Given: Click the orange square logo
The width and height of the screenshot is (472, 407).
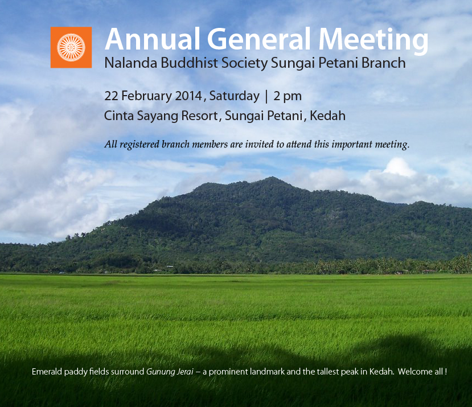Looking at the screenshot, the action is [x=71, y=47].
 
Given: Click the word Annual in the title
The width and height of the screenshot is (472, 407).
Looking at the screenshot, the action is [x=153, y=39].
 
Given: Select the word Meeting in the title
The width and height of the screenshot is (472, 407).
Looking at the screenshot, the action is [x=374, y=41].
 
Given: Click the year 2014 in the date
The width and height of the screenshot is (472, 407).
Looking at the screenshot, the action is [x=188, y=96].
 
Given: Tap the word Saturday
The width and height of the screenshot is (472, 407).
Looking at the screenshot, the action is [x=234, y=96].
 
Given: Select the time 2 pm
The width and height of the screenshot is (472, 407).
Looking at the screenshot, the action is [x=288, y=97].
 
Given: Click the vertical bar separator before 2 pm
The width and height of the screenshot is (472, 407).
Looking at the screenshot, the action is [x=266, y=97].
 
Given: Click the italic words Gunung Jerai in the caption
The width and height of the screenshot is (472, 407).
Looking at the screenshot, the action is [x=170, y=372].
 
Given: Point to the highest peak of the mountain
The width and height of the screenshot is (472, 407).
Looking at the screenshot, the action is [x=272, y=178].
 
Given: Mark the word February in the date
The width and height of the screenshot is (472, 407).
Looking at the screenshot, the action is [x=146, y=96].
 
